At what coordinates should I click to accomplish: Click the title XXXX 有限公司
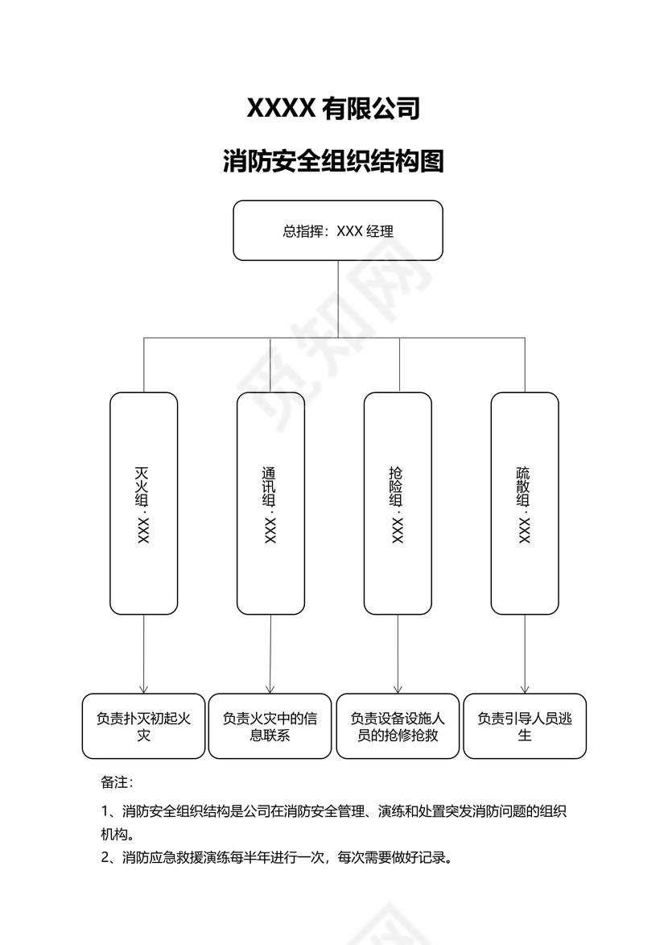333,108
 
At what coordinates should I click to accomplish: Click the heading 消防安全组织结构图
333,161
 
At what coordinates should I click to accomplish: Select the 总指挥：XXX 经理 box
338,230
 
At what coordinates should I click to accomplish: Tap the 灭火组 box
143,504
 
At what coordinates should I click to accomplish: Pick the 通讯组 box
270,504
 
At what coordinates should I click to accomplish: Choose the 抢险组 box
398,504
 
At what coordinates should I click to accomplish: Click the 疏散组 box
525,504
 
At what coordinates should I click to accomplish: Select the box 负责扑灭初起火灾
143,726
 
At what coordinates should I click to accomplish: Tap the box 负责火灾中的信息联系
270,726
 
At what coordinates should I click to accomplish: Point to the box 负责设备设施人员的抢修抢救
398,726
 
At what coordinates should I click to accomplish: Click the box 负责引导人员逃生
525,726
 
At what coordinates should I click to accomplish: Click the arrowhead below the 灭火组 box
143,689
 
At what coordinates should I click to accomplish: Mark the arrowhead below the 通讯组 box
270,689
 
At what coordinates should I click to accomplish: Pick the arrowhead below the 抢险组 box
398,689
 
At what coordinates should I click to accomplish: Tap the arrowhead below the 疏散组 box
525,689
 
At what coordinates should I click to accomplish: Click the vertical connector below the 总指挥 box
338,298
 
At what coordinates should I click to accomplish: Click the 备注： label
117,782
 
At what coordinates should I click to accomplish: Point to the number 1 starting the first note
105,811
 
